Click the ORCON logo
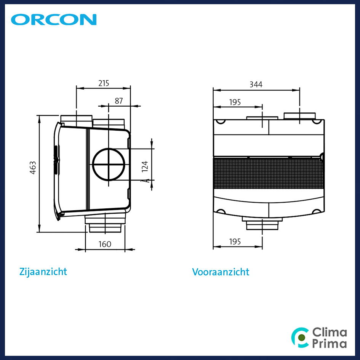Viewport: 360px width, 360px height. (x=54, y=19)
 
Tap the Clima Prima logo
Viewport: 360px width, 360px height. (x=319, y=338)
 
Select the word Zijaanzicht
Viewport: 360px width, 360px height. (x=43, y=272)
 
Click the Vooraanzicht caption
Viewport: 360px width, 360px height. (x=221, y=272)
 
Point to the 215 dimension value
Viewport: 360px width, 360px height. (x=104, y=83)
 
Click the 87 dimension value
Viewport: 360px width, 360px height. (x=119, y=101)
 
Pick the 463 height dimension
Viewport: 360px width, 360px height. (x=33, y=168)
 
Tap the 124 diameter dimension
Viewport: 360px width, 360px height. (x=145, y=166)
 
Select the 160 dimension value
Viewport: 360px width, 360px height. (x=105, y=244)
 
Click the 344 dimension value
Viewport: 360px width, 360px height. (x=256, y=84)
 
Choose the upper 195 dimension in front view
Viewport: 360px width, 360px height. (x=235, y=102)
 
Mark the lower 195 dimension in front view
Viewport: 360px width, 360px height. (x=235, y=242)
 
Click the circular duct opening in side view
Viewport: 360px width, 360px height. (x=109, y=148)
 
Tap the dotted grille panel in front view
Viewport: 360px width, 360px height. (x=268, y=173)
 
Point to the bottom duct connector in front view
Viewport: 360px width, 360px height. (x=262, y=224)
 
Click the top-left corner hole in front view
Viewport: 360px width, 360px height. (x=221, y=122)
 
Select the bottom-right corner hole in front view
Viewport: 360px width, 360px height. (x=317, y=211)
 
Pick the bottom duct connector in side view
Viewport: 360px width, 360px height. (x=105, y=224)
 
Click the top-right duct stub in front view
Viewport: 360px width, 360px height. (x=299, y=116)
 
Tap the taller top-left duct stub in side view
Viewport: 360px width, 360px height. (x=77, y=121)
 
